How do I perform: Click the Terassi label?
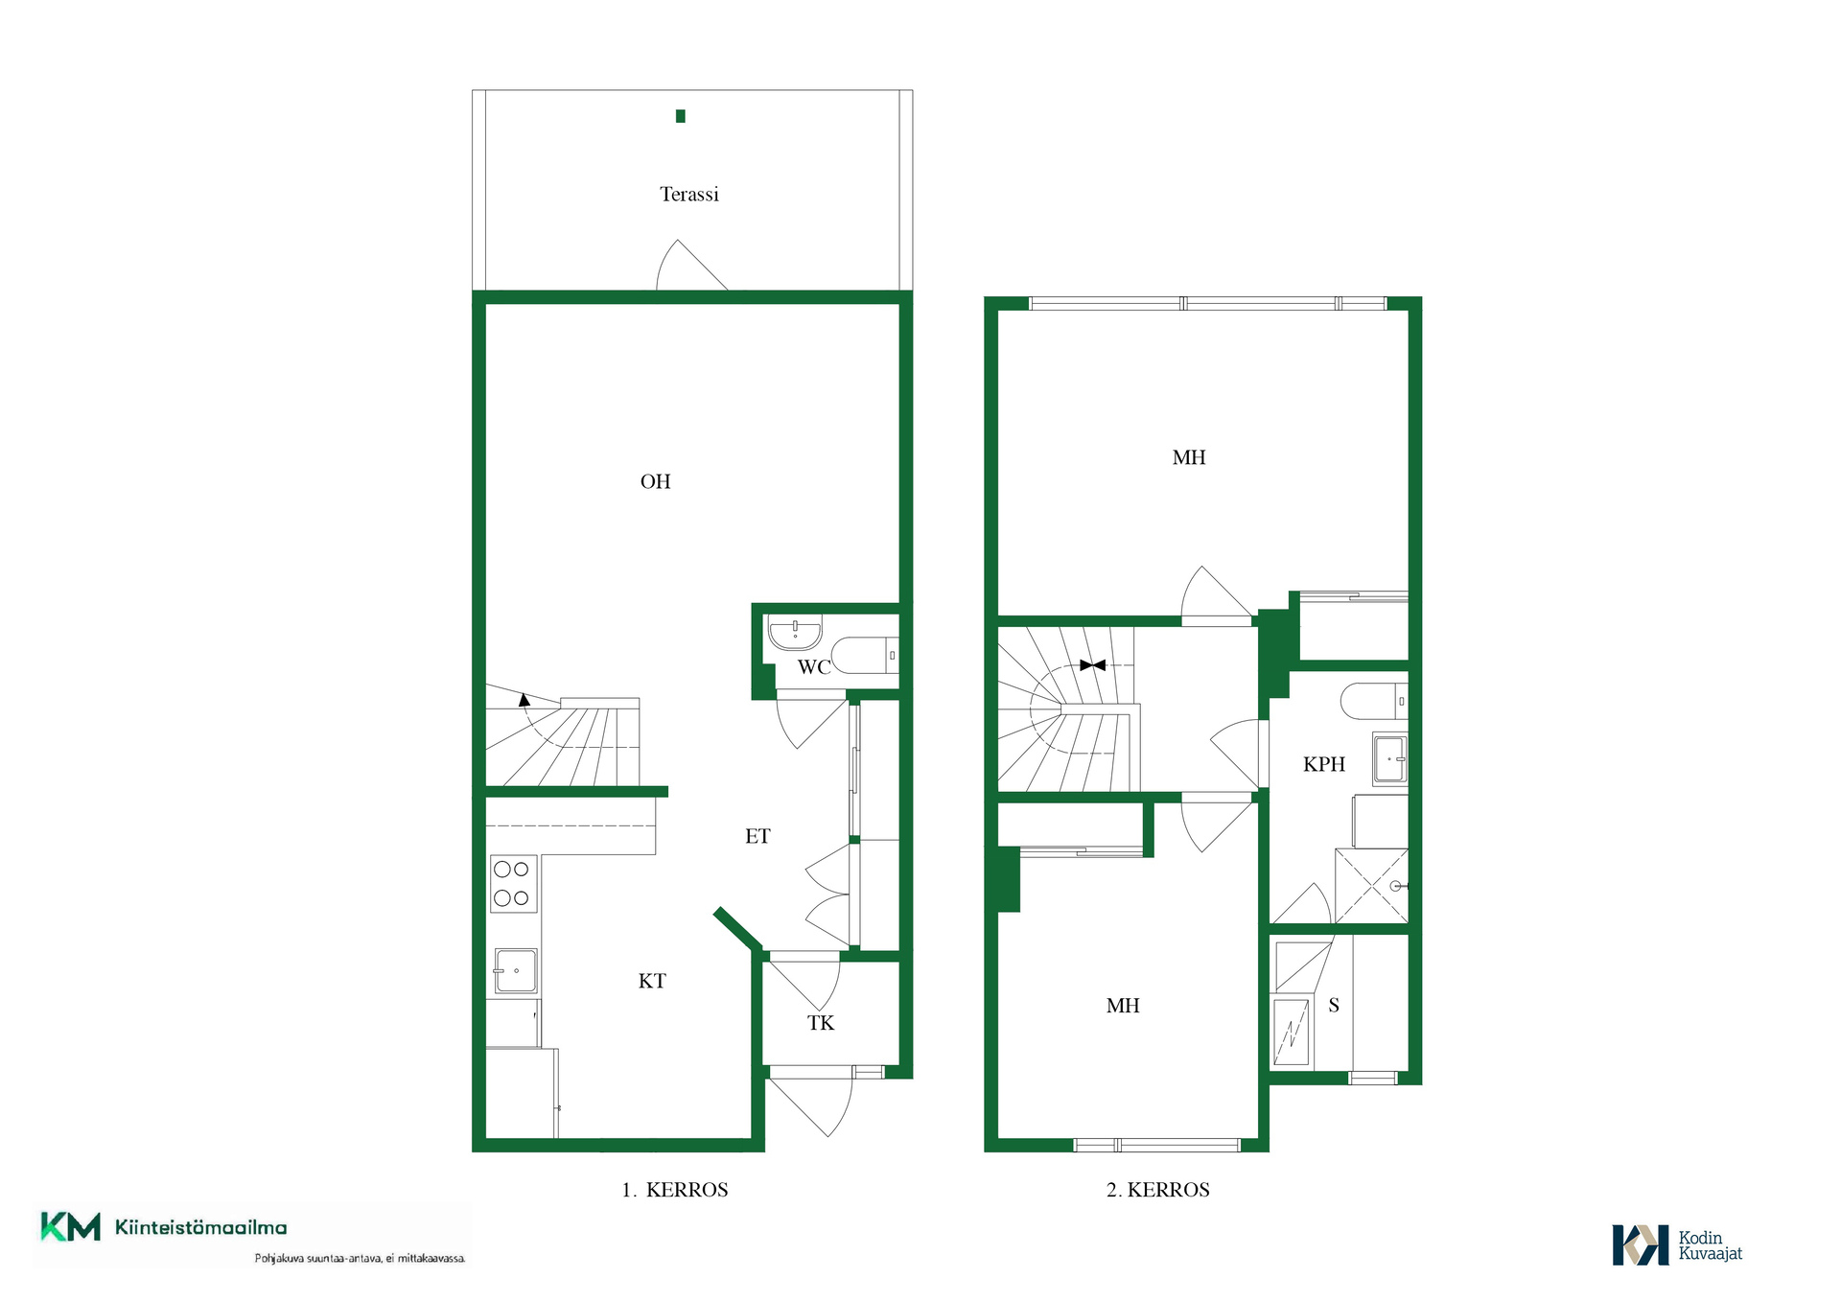pos(688,195)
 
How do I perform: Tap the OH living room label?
pos(655,481)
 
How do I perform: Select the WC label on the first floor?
pos(814,667)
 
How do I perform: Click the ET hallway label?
pos(757,836)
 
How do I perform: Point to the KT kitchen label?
pos(652,981)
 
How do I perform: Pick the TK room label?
pos(821,1023)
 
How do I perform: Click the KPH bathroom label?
pos(1324,764)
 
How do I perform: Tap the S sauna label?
pos(1334,1006)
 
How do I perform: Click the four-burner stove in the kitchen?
pos(513,884)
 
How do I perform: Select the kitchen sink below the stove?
pos(516,971)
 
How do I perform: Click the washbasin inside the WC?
pos(795,632)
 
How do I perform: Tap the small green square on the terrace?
pos(681,116)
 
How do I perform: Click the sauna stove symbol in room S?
pos(1292,1032)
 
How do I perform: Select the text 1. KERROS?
pos(675,1190)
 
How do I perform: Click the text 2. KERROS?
pos(1158,1190)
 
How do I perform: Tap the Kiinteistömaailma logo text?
pos(201,1227)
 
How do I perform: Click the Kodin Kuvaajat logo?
pos(1677,1245)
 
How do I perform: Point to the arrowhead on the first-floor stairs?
pos(524,700)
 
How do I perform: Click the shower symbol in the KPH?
pos(1372,886)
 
